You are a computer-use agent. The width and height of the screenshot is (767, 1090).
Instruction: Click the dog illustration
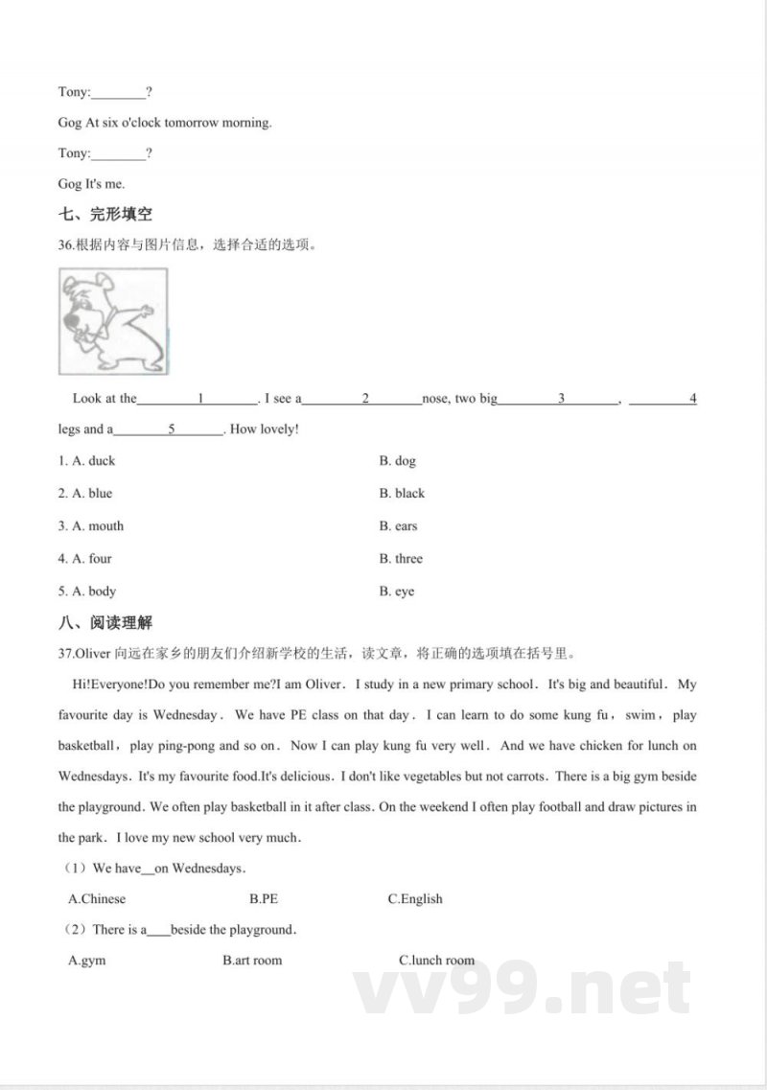[113, 321]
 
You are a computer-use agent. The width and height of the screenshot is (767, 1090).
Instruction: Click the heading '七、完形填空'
[105, 215]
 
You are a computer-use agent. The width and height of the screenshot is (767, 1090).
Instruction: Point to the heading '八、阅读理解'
[105, 623]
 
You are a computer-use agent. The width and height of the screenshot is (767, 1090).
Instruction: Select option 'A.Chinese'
[97, 899]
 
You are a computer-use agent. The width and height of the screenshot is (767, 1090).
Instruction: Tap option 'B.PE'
[264, 899]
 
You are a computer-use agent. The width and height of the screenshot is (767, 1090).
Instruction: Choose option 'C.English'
[415, 899]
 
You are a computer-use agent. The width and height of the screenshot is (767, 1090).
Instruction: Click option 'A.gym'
[87, 960]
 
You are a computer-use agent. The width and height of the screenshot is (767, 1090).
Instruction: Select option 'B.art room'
[252, 960]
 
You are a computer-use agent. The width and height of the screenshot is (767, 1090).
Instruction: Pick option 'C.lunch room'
[436, 960]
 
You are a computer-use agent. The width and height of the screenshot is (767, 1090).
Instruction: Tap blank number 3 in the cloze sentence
[561, 399]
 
